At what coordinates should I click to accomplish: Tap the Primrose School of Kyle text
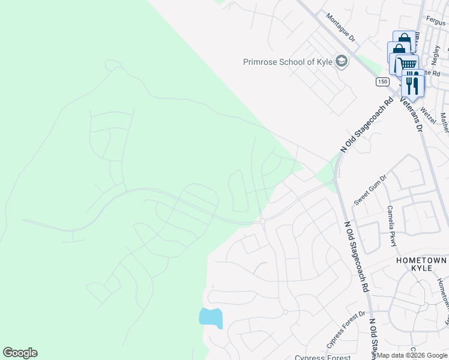[x=288, y=62]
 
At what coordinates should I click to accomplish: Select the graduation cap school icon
[x=342, y=62]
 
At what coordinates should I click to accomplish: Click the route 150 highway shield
[x=382, y=81]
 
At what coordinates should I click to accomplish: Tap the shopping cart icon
[x=408, y=64]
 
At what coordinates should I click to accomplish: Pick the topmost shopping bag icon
[x=403, y=40]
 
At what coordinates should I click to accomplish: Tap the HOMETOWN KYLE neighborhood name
[x=421, y=265]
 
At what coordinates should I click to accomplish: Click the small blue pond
[x=211, y=317]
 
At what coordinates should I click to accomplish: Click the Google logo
[x=20, y=353]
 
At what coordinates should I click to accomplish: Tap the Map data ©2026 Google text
[x=412, y=355]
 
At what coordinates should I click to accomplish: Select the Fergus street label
[x=436, y=20]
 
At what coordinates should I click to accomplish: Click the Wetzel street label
[x=427, y=112]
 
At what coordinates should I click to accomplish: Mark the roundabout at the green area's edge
[x=263, y=221]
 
